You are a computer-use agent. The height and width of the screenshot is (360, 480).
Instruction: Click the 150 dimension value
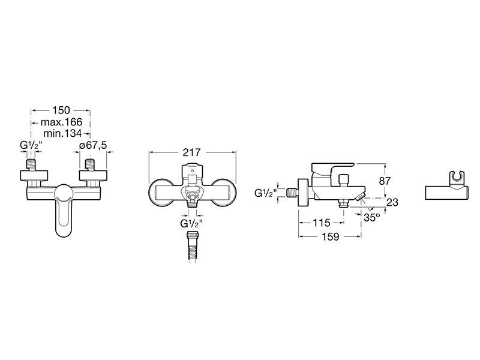coord(61,110)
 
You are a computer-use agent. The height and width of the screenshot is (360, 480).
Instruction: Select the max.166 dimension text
coord(61,122)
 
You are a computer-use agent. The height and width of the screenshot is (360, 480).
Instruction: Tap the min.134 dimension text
coord(62,133)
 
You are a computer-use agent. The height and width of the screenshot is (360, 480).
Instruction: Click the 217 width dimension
coord(191,152)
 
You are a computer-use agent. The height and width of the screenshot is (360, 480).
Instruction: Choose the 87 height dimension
coord(385,181)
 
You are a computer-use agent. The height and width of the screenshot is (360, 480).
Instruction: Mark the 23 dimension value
coord(392,202)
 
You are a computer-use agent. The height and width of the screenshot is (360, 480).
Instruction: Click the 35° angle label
coord(371,217)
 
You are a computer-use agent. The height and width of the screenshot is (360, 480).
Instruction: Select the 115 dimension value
coord(321,223)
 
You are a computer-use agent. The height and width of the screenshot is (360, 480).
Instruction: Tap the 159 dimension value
coord(331,236)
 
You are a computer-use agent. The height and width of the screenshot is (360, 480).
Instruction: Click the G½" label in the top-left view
coord(29,145)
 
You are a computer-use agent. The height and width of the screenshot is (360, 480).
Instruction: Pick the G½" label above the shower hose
coord(191,223)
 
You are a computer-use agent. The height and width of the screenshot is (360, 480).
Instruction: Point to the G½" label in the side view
coord(265,193)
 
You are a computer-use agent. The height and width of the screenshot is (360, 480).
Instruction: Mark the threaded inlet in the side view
coord(292,193)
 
